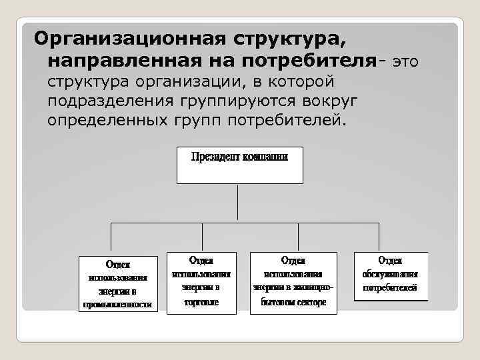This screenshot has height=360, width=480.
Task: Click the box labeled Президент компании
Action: point(239,165)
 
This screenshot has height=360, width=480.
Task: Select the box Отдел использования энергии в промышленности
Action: point(117,283)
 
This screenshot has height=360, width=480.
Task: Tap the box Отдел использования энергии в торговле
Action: point(201,282)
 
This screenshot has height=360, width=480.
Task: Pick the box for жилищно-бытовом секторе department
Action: point(293,282)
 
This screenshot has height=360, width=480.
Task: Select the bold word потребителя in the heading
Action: point(307,61)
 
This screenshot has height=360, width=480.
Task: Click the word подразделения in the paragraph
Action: point(107,102)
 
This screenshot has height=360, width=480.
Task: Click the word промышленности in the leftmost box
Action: point(117,305)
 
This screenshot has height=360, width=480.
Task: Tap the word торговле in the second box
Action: point(201,301)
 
